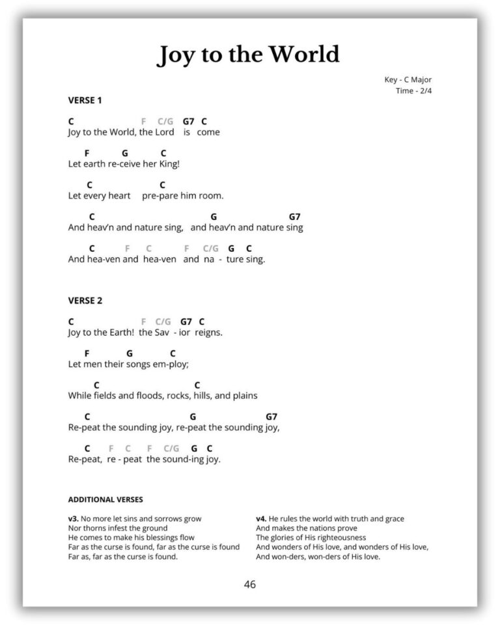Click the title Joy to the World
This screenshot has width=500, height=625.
click(248, 55)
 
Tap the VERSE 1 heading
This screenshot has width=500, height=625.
click(85, 100)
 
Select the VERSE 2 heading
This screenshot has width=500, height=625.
click(85, 301)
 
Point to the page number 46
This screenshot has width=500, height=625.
click(250, 584)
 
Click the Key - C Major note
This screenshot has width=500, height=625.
click(408, 80)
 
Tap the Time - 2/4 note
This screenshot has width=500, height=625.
click(413, 90)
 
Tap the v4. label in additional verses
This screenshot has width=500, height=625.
click(262, 519)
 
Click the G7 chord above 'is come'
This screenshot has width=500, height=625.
click(189, 121)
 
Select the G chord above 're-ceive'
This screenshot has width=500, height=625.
click(124, 153)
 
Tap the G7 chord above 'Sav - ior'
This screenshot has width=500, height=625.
click(186, 322)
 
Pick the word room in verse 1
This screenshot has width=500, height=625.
click(210, 195)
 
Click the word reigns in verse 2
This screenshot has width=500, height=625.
click(208, 332)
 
